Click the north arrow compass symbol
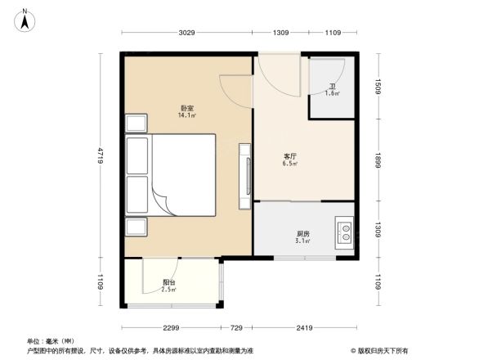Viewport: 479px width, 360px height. tap(26, 19)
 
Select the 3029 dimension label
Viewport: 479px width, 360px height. tap(187, 33)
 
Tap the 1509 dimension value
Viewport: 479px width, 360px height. tap(379, 86)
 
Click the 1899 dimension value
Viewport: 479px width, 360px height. tap(379, 160)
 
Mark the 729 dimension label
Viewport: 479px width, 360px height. tap(236, 328)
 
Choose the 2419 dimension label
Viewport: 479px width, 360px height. tap(305, 328)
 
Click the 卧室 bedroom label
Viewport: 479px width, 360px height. tap(187, 108)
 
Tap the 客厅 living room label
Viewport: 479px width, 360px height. tap(290, 155)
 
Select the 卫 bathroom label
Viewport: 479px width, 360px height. tap(332, 86)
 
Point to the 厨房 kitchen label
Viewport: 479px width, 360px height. tap(303, 233)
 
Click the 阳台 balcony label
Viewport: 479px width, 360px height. tap(168, 283)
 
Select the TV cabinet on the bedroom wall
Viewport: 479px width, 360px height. tap(244, 176)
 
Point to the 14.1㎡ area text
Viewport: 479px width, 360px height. tap(186, 116)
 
